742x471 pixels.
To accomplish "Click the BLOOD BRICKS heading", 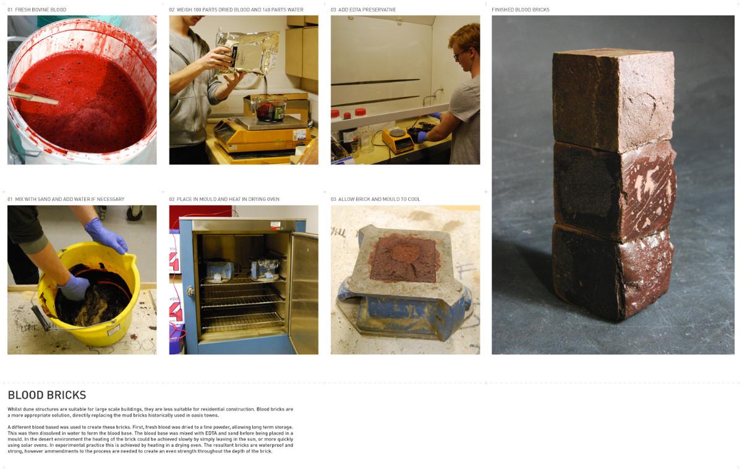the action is click(47, 395).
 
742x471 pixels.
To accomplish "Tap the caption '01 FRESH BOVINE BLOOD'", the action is click(36, 10).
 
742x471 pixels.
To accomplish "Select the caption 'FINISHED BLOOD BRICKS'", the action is click(521, 10).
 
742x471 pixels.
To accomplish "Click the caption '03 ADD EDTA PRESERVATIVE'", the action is click(363, 10).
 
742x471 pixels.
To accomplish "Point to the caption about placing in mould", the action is click(224, 199).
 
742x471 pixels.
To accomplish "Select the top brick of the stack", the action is click(613, 100).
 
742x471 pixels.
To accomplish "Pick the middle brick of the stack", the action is click(615, 190).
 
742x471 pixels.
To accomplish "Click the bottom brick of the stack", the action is click(613, 271).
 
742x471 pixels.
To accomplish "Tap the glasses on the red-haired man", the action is click(460, 54).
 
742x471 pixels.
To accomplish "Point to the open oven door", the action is click(303, 292).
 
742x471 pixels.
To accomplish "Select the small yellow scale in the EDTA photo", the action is click(398, 140).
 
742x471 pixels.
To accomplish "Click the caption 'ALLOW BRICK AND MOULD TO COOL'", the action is click(379, 199).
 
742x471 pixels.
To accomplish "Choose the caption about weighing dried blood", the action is click(236, 10).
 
